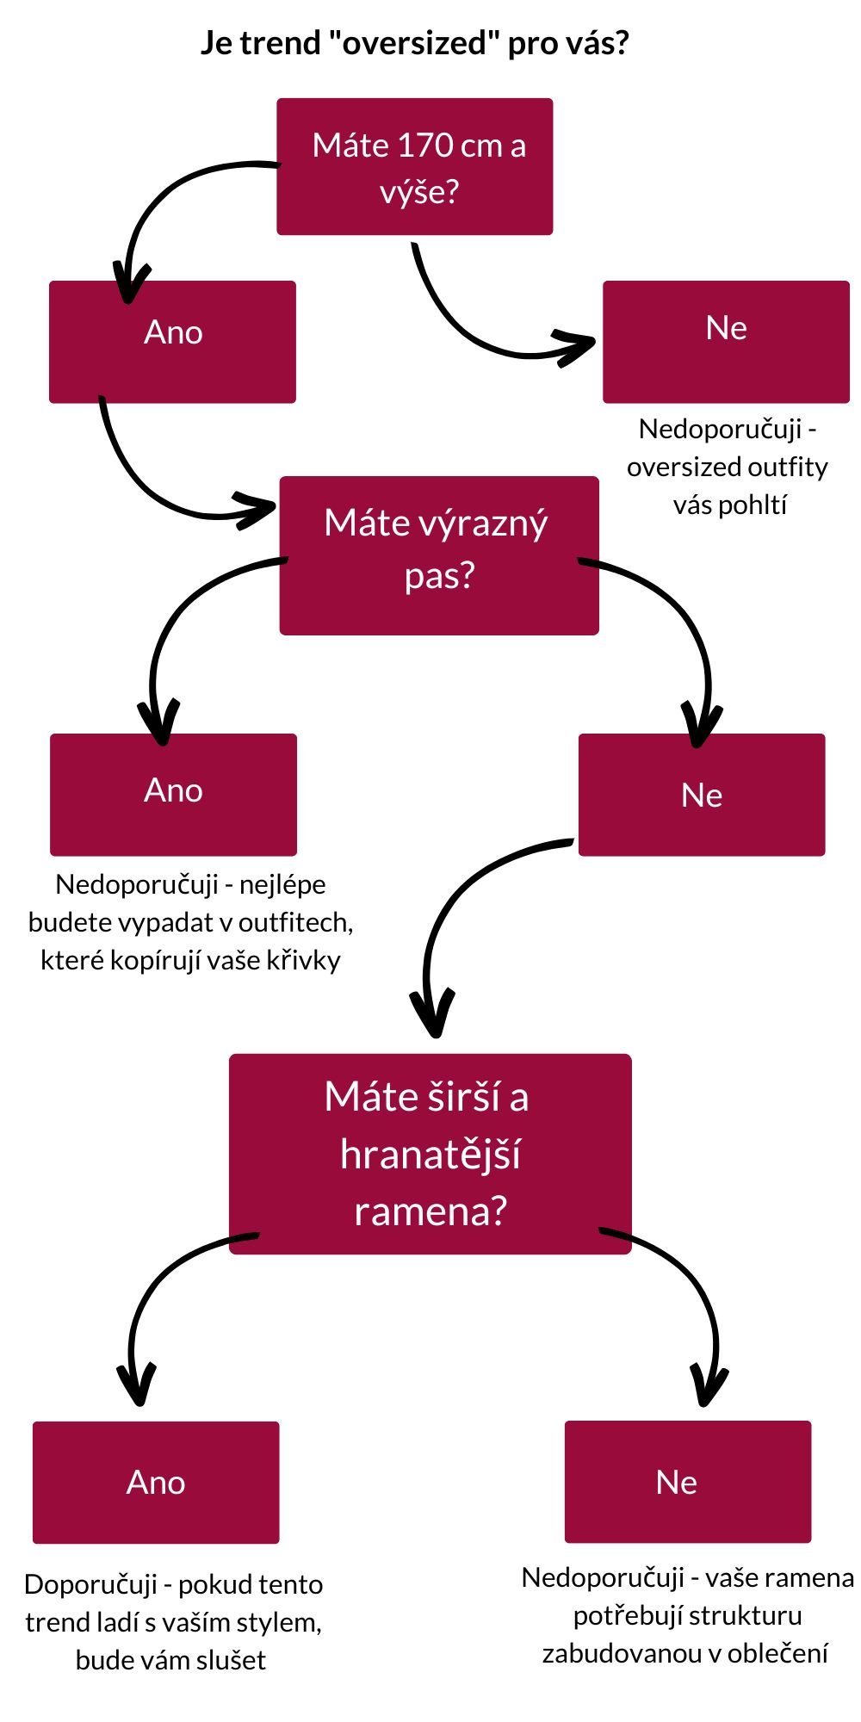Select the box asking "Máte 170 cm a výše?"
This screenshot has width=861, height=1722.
pos(414,166)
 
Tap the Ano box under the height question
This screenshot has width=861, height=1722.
pos(172,342)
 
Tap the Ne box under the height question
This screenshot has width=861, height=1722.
pos(726,342)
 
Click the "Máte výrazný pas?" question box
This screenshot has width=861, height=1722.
pos(438,555)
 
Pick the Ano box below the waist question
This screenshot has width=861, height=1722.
pos(173,794)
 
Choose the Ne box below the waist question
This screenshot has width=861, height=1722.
pos(701,794)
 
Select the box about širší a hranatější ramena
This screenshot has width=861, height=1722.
pos(430,1154)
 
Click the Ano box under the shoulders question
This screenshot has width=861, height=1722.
pos(156,1482)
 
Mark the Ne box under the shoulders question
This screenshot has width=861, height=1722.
pos(687,1481)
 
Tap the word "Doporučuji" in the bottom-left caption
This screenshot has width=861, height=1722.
pos(91,1584)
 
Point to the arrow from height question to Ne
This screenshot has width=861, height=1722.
pos(465,327)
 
